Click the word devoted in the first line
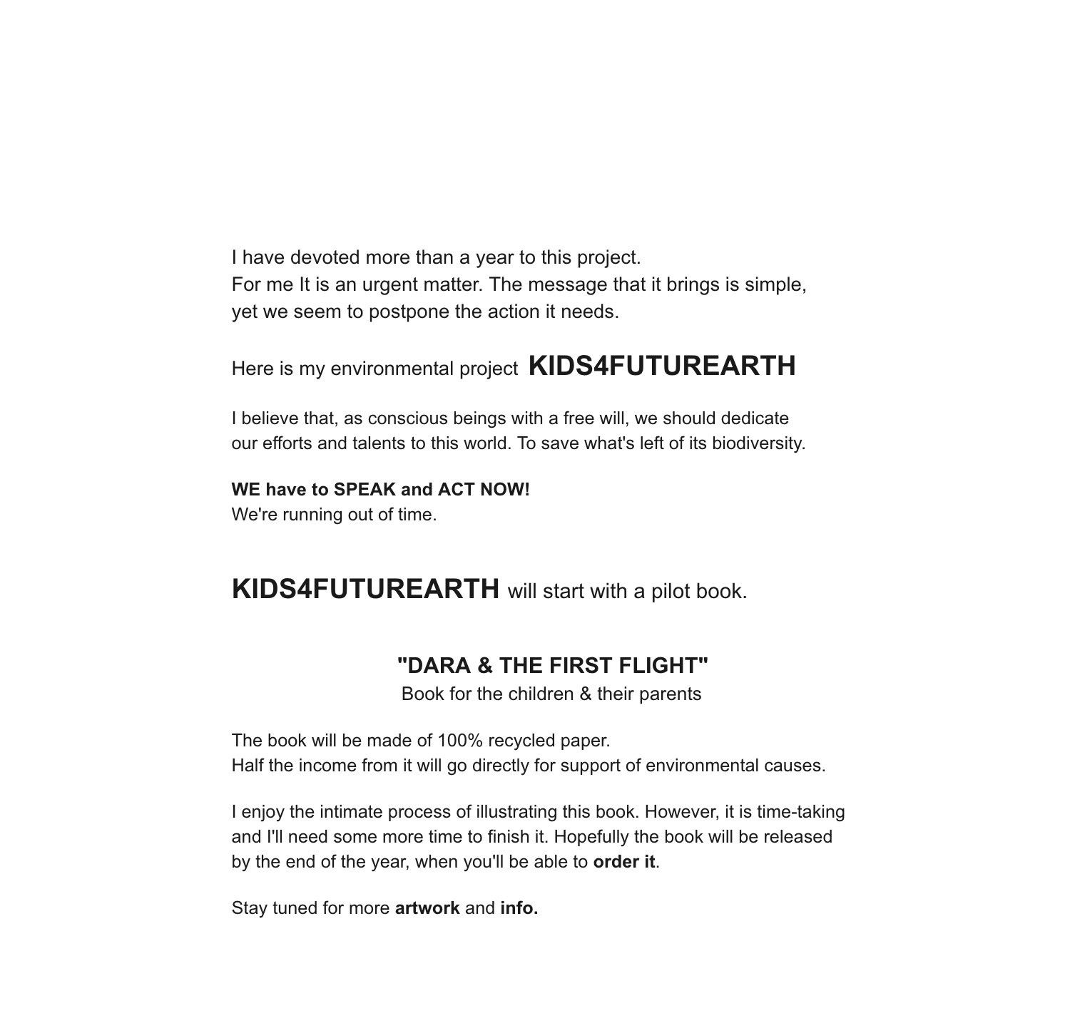[325, 257]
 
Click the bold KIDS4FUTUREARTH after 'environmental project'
[662, 366]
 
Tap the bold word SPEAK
[363, 490]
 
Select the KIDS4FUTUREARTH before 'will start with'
[365, 589]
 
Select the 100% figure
[454, 741]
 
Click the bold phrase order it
[623, 862]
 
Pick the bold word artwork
[427, 908]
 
